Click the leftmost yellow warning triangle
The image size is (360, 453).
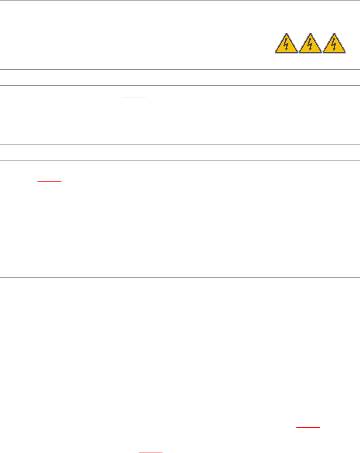286,44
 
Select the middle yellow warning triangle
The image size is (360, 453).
310,44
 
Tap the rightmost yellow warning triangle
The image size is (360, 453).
334,44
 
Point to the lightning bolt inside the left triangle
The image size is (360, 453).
286,44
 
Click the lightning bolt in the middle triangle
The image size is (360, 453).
310,44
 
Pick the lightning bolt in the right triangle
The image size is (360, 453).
334,44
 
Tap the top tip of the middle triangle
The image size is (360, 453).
310,32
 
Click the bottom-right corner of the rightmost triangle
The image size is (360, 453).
346,53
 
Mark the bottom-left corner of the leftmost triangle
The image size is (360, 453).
275,53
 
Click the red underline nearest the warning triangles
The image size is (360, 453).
133,98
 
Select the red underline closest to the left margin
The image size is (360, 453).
50,181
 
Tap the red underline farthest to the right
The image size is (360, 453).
308,426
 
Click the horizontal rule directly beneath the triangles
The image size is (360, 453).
180,69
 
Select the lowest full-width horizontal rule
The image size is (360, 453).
180,277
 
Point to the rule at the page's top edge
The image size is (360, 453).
180,0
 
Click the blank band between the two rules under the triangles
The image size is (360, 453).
180,77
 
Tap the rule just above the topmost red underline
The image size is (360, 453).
180,85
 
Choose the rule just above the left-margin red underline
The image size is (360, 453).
180,160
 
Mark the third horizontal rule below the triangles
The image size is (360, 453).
180,144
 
